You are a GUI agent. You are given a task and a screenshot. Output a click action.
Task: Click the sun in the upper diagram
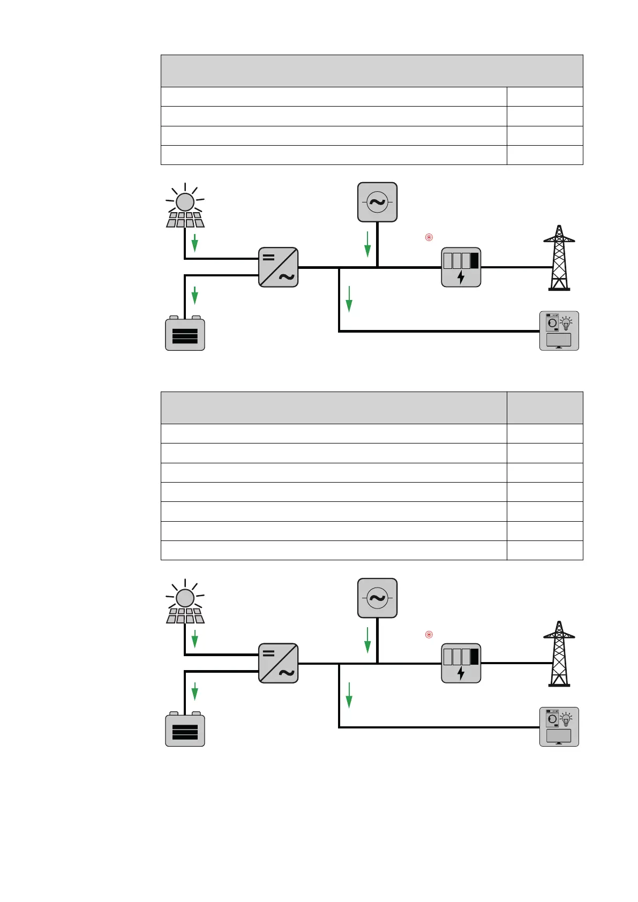[185, 202]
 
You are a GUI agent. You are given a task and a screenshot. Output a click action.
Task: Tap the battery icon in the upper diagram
[185, 334]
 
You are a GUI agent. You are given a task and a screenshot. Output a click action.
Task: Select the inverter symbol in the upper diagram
[279, 267]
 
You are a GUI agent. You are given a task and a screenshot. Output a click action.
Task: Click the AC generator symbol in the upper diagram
[378, 202]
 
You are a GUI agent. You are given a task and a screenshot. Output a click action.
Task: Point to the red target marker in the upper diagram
[429, 237]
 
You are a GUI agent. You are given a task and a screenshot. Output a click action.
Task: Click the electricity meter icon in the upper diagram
[461, 267]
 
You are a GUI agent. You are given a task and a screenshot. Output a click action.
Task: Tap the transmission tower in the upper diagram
[559, 258]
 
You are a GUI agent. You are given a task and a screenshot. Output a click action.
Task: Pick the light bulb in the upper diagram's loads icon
[566, 322]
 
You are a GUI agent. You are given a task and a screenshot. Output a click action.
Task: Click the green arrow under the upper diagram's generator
[367, 244]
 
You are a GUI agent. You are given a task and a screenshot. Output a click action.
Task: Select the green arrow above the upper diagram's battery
[195, 295]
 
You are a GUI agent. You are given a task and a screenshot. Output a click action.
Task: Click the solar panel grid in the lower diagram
[185, 615]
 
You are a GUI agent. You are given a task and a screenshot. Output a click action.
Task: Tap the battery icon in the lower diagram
[185, 730]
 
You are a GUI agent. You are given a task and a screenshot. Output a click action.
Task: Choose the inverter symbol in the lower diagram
[279, 663]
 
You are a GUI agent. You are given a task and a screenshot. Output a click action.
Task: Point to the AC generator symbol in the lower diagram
[378, 598]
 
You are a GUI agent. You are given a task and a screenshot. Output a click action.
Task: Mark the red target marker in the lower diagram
[429, 634]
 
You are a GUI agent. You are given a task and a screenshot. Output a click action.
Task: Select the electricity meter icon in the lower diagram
[461, 663]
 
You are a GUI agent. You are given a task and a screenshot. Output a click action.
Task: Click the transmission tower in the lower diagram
[559, 653]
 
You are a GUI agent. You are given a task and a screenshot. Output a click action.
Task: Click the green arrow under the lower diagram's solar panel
[195, 639]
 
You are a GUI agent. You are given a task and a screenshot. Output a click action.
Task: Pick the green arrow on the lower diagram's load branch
[349, 695]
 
